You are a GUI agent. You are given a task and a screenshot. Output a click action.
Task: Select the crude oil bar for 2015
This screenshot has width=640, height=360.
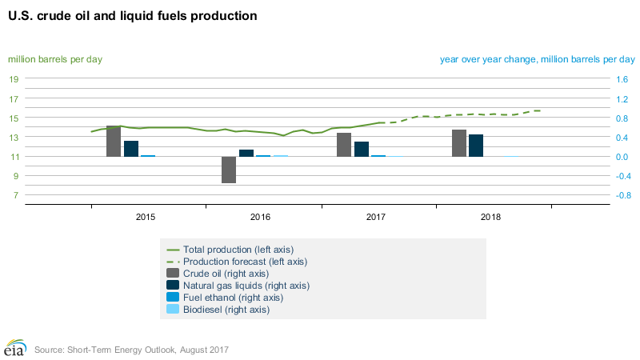tap(114, 141)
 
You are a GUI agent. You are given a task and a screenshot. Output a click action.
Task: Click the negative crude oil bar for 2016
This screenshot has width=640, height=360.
tap(229, 170)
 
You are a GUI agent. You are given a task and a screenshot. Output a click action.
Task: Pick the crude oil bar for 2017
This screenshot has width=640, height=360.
tap(344, 145)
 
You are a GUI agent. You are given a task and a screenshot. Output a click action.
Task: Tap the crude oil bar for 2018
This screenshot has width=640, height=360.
tap(459, 143)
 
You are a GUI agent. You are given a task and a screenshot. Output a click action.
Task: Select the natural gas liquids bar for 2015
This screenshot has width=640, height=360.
tap(131, 149)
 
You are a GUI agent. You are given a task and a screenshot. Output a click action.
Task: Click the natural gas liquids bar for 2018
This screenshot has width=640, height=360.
tap(476, 146)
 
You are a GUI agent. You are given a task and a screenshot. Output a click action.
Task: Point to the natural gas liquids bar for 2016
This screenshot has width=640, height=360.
tap(246, 153)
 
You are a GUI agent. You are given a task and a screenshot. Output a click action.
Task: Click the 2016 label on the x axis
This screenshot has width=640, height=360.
tap(261, 217)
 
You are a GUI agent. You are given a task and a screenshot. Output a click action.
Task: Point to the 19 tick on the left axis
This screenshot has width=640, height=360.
tap(14, 79)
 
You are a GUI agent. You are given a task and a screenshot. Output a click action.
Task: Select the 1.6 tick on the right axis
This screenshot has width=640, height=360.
tap(622, 79)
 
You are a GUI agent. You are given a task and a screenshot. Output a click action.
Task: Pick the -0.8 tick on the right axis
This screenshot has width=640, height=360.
tap(622, 195)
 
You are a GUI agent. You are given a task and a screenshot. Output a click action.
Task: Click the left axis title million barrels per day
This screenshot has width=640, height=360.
tap(55, 59)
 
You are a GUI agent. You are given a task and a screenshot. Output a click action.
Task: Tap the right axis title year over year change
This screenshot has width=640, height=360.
tap(537, 59)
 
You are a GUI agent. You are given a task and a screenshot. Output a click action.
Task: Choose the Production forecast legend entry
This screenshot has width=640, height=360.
tap(245, 261)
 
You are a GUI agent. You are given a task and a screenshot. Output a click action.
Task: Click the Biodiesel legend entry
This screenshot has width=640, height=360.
tap(226, 309)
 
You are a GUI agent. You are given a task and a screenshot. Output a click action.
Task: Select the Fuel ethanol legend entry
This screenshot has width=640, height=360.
tap(233, 297)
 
